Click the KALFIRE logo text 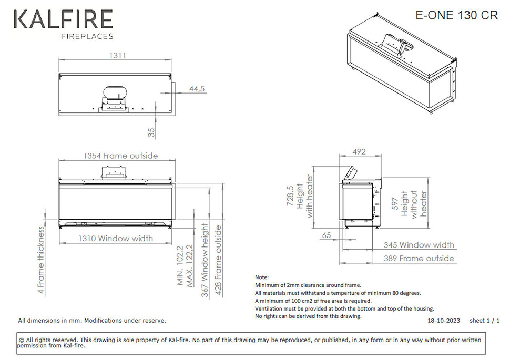click(x=64, y=19)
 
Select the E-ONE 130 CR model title click(x=457, y=15)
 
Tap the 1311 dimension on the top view click(x=117, y=56)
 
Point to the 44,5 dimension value click(x=197, y=89)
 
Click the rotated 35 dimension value click(x=151, y=132)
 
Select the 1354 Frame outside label click(x=121, y=156)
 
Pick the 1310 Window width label click(x=116, y=239)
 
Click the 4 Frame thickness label click(x=40, y=260)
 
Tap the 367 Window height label click(x=205, y=260)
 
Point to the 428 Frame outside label click(x=218, y=261)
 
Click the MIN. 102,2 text click(x=180, y=266)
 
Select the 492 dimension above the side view click(x=359, y=151)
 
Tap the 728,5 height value click(x=290, y=196)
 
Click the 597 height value click(x=395, y=203)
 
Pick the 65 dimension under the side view click(x=327, y=235)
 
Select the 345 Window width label click(x=419, y=245)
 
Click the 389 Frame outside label click(x=419, y=259)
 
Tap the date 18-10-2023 click(x=444, y=321)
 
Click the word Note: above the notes click(x=262, y=277)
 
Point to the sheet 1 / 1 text click(x=484, y=321)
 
